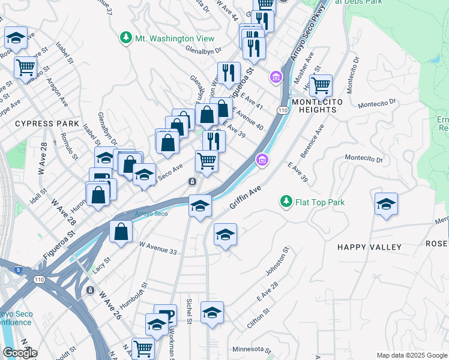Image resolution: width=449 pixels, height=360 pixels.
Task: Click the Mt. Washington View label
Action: click(173, 38)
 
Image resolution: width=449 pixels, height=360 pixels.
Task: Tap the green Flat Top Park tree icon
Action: click(286, 202)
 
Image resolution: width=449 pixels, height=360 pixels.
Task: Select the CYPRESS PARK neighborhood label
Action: click(47, 124)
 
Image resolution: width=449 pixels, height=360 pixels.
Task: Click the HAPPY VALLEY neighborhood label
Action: click(369, 247)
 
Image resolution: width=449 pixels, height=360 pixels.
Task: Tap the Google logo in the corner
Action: click(20, 353)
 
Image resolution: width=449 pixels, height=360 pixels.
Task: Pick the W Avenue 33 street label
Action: click(158, 248)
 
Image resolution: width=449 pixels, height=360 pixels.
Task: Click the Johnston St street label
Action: click(277, 262)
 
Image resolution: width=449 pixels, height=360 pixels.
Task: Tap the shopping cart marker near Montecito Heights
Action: click(321, 86)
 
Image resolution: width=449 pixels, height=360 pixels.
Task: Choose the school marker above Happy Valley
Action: click(386, 204)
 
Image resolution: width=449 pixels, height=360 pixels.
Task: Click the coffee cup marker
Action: click(165, 315)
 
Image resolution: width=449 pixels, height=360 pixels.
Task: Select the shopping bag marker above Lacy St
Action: click(121, 232)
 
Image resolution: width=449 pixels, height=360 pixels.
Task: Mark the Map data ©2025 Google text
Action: click(412, 355)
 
